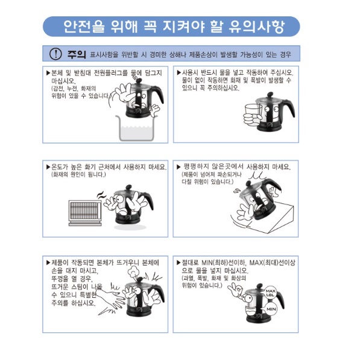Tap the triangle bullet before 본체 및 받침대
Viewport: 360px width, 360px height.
coord(48,73)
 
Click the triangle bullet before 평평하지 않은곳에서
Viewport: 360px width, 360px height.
coord(178,167)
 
